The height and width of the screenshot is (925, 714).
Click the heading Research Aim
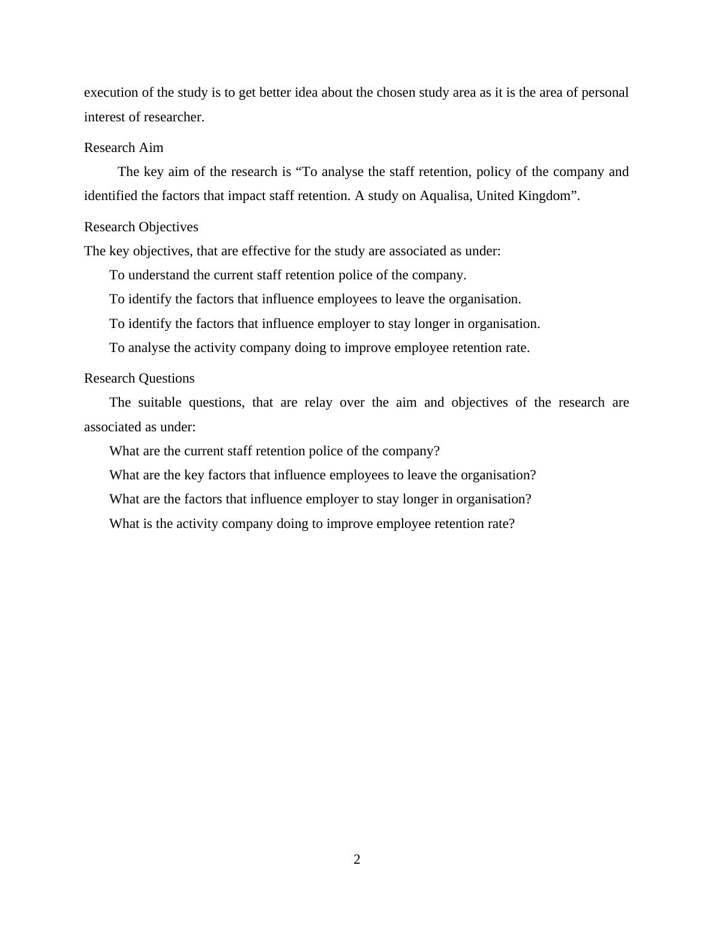(x=124, y=148)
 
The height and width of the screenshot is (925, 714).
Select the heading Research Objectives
(x=141, y=227)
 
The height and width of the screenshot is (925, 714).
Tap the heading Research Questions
(x=139, y=378)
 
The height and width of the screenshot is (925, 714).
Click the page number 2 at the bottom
(x=357, y=860)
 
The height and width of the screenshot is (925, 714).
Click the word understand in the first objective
(x=156, y=275)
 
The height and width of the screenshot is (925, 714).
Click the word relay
(x=319, y=402)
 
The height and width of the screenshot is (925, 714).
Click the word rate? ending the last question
(x=500, y=524)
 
